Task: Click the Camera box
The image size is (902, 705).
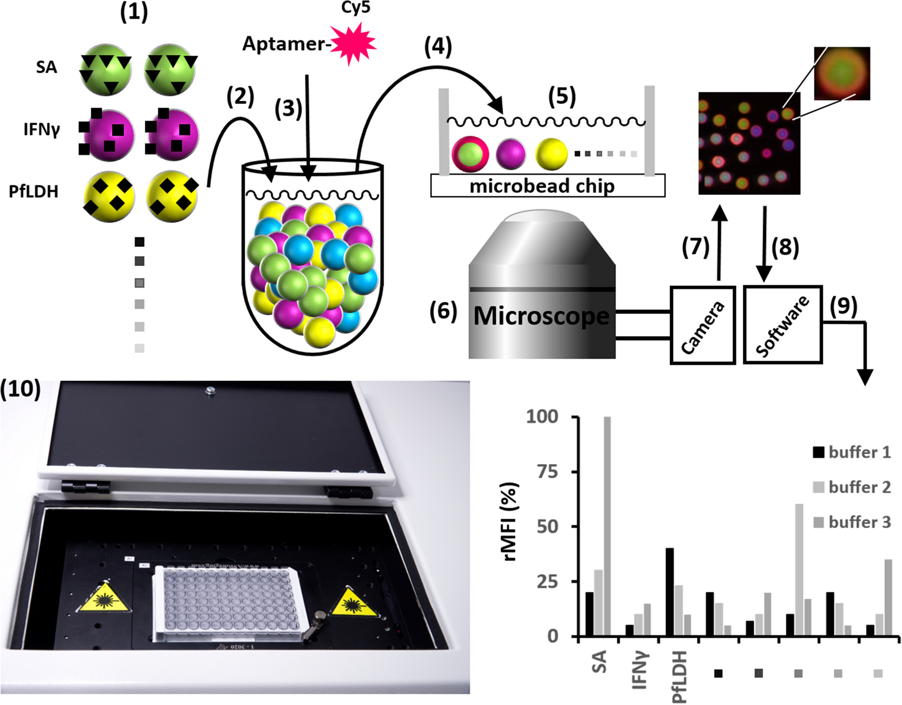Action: click(x=702, y=325)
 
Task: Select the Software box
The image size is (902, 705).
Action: click(x=783, y=325)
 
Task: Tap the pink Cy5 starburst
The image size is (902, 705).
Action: click(x=353, y=44)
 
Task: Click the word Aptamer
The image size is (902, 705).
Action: click(x=283, y=44)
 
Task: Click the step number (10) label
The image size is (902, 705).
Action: click(x=21, y=389)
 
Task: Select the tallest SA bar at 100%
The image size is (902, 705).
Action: click(x=607, y=526)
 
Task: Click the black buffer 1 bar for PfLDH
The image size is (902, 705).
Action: click(x=670, y=592)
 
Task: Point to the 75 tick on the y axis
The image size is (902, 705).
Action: click(x=547, y=472)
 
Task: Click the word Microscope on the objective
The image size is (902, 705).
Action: click(x=541, y=316)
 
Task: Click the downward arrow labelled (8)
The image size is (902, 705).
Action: click(x=764, y=244)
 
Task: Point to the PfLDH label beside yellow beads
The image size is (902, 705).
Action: click(x=33, y=192)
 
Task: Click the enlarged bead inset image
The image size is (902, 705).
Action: click(x=841, y=73)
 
